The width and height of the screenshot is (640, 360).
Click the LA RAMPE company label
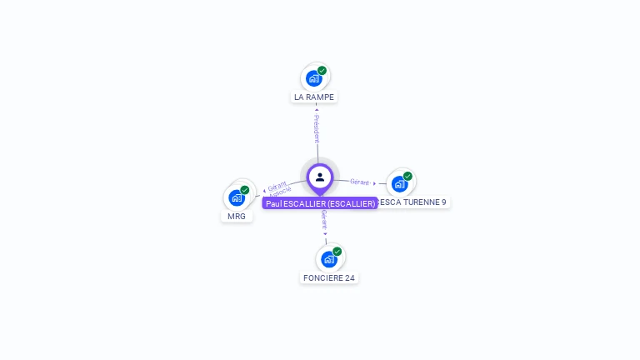[x=314, y=97]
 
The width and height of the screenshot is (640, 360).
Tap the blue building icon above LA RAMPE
[x=313, y=78]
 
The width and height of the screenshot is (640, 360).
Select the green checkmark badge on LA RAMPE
[x=322, y=71]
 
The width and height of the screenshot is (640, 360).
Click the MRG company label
[x=237, y=216]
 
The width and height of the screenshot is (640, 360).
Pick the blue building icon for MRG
[x=237, y=198]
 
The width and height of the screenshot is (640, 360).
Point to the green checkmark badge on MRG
[x=245, y=190]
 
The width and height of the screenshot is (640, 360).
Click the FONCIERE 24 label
[x=329, y=277]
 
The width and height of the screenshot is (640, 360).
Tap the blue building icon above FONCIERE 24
[x=329, y=259]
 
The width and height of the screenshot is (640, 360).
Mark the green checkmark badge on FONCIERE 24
[x=337, y=252]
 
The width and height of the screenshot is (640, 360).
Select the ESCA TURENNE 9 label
[x=413, y=202]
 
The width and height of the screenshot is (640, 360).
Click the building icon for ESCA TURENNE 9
[x=399, y=183]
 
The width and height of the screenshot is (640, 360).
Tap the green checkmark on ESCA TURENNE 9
[x=407, y=176]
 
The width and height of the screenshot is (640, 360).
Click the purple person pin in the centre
[x=320, y=177]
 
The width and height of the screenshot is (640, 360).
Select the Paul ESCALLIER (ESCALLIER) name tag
[x=320, y=203]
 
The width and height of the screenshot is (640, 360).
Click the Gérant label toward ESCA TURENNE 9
[x=360, y=182]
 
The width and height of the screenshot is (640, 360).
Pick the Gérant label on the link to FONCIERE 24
[x=323, y=221]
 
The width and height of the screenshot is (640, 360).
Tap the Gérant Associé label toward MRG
[x=278, y=188]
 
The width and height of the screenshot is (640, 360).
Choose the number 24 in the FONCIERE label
[x=351, y=277]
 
